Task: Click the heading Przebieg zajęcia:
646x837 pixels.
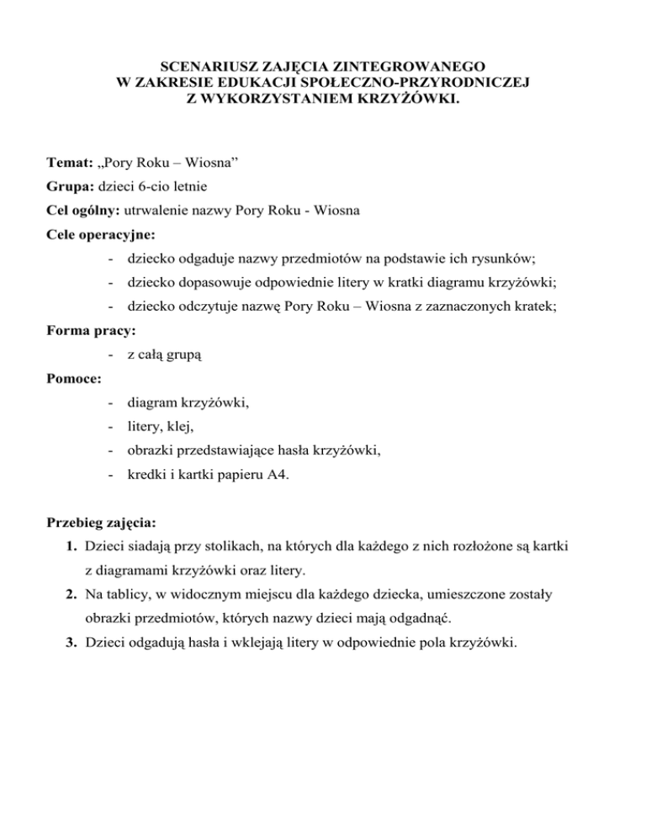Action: click(x=104, y=523)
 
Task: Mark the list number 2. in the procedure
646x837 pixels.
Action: click(x=74, y=594)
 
